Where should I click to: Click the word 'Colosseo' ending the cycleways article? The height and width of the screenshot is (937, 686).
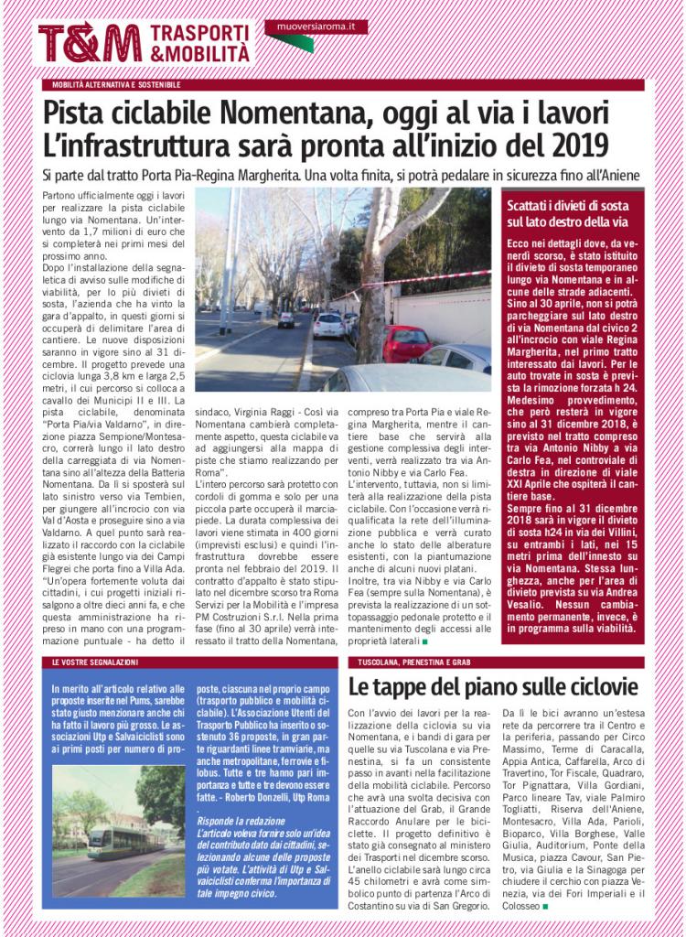[513, 907]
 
